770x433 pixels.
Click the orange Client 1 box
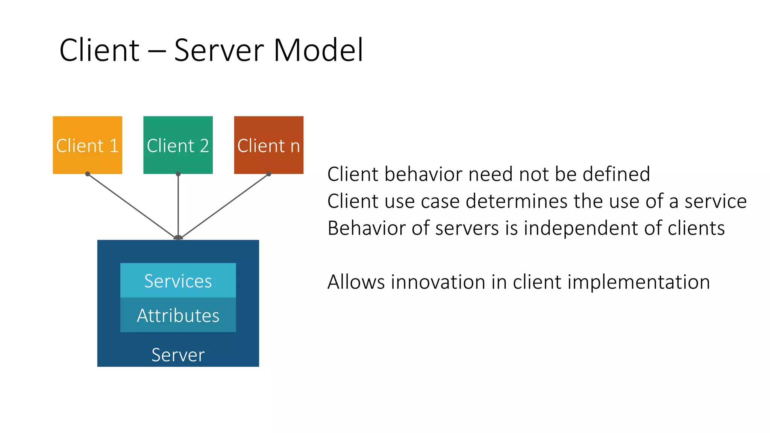point(87,145)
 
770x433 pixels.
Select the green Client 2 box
point(178,145)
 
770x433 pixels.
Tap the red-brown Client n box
point(268,145)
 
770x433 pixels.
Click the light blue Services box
point(178,280)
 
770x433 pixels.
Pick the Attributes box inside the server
point(178,315)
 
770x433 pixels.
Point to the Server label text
point(178,355)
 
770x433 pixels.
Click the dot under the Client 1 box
point(88,174)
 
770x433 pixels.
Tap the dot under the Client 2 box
point(178,174)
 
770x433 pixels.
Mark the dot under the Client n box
point(269,174)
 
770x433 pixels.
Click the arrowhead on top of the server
point(178,237)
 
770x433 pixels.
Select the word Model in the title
point(318,50)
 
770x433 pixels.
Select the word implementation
point(638,283)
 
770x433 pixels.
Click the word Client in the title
point(100,50)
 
